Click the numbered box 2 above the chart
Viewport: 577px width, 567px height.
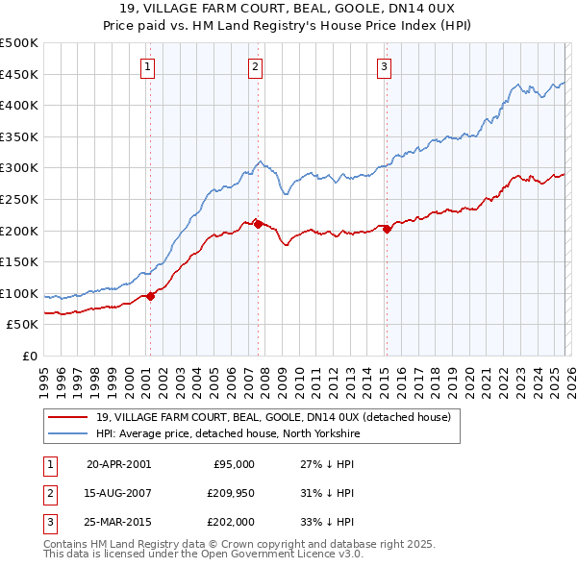click(256, 66)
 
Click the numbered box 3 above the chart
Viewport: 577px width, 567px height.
click(384, 66)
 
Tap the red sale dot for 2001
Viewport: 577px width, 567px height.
click(151, 296)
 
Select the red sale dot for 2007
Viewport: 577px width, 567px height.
click(258, 224)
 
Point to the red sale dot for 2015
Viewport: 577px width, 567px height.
click(387, 229)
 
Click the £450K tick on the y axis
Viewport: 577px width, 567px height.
click(19, 74)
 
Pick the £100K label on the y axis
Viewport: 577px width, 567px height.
click(19, 293)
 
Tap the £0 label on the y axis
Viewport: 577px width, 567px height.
click(28, 356)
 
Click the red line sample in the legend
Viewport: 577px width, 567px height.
click(68, 417)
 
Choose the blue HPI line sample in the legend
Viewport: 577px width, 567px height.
click(68, 433)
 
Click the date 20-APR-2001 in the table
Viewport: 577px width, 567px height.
click(118, 463)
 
